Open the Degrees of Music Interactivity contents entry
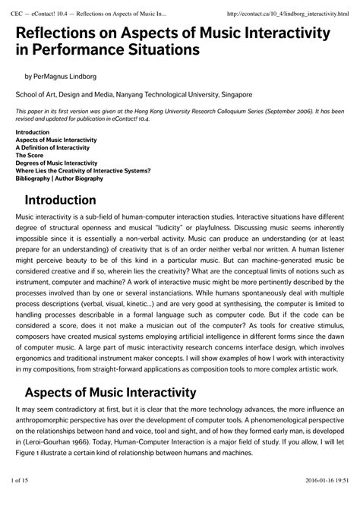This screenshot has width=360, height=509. click(56, 163)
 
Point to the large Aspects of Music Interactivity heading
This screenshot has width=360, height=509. click(110, 414)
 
